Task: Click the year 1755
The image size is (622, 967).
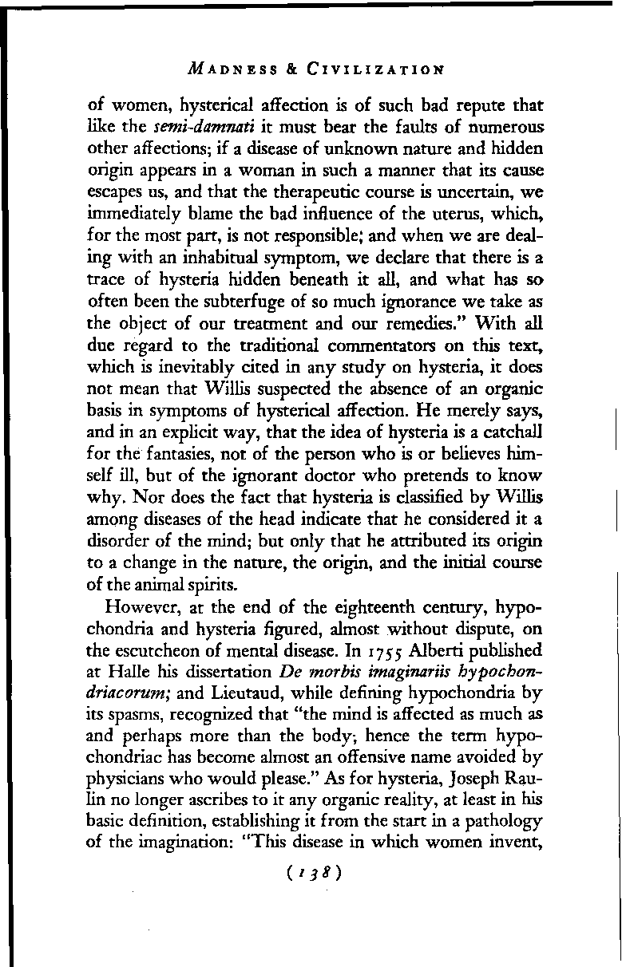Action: click(361, 647)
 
